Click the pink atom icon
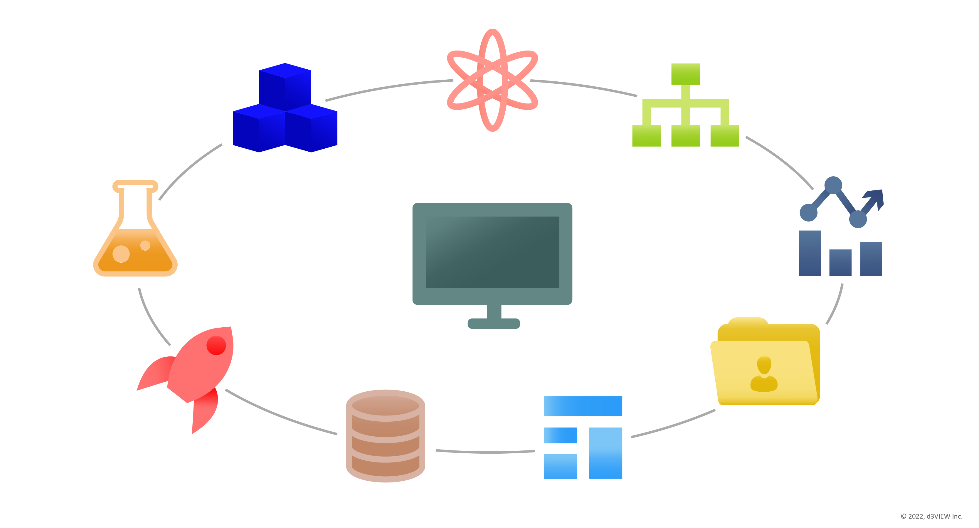[492, 80]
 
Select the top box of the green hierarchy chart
[685, 74]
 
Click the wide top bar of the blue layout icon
[583, 406]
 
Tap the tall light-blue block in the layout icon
[605, 453]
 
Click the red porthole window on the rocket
[216, 346]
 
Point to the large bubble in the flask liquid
[121, 254]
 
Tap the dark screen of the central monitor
[492, 252]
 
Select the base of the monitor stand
[494, 323]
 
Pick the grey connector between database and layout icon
[485, 452]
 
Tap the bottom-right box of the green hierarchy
[724, 136]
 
